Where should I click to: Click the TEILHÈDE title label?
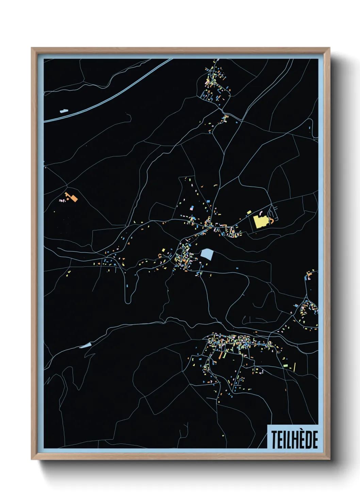point(294,439)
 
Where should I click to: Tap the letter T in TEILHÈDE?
point(274,440)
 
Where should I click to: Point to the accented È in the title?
point(300,439)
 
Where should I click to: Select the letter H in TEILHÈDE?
point(293,440)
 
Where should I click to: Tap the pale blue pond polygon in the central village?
point(207,254)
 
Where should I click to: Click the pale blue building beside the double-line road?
point(64,111)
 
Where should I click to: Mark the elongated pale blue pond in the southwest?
point(85,345)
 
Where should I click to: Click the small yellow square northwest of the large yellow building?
point(249,212)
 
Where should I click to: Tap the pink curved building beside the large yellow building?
point(262,214)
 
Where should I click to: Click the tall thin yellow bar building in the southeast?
point(294,367)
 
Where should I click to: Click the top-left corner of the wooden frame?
point(32,48)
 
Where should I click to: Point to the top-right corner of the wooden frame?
point(329,48)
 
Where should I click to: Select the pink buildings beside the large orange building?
point(62,201)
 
